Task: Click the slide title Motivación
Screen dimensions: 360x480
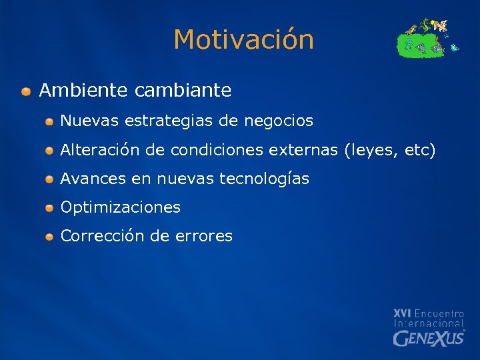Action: pos(243,40)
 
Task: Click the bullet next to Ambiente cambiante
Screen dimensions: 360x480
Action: pos(25,90)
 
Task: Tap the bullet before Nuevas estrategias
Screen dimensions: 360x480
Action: pos(50,122)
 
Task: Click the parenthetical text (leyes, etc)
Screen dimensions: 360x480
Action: pos(389,151)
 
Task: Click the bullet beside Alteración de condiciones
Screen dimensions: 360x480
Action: pos(50,151)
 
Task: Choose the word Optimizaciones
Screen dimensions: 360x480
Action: pos(121,207)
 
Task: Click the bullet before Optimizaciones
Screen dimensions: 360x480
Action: pos(50,208)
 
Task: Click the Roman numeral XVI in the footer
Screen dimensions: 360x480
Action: pos(402,313)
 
